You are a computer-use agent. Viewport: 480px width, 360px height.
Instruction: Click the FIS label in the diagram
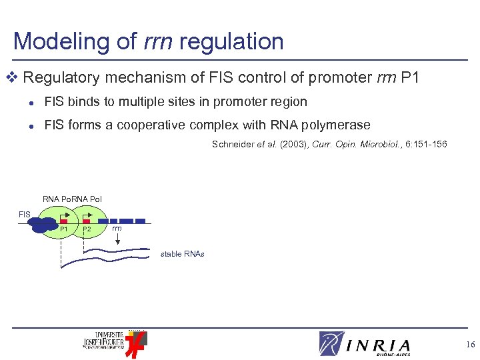pos(24,214)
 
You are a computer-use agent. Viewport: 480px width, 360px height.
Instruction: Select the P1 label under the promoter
pos(64,230)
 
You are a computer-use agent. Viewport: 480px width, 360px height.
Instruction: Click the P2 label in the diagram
pos(87,230)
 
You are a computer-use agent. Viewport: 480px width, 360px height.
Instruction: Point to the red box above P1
pos(64,221)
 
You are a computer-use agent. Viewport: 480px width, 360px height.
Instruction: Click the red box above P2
pos(87,221)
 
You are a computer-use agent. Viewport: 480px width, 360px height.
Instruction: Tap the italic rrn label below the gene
pos(117,229)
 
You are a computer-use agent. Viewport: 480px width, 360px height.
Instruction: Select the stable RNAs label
pos(182,254)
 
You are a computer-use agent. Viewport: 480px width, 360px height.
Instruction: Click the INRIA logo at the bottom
pos(365,344)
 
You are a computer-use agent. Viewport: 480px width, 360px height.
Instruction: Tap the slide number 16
pos(471,344)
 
